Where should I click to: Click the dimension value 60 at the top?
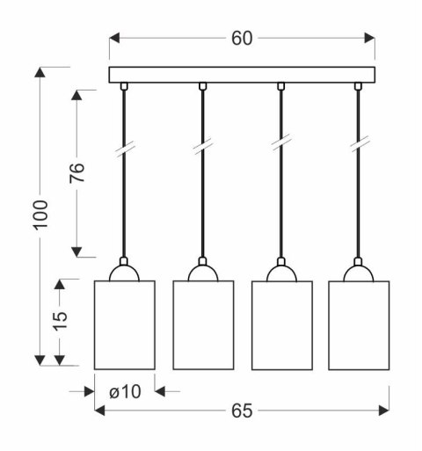pyautogui.click(x=242, y=39)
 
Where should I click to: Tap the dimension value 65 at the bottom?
pyautogui.click(x=242, y=411)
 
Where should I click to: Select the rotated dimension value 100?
pyautogui.click(x=40, y=215)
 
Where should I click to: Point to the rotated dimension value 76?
pyautogui.click(x=77, y=173)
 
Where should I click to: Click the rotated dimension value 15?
pyautogui.click(x=60, y=322)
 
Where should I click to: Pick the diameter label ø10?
pyautogui.click(x=125, y=392)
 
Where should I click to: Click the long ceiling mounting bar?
pyautogui.click(x=242, y=75)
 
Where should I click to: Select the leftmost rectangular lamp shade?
pyautogui.click(x=125, y=325)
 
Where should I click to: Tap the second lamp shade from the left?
pyautogui.click(x=203, y=325)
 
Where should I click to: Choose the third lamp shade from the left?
pyautogui.click(x=282, y=325)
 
